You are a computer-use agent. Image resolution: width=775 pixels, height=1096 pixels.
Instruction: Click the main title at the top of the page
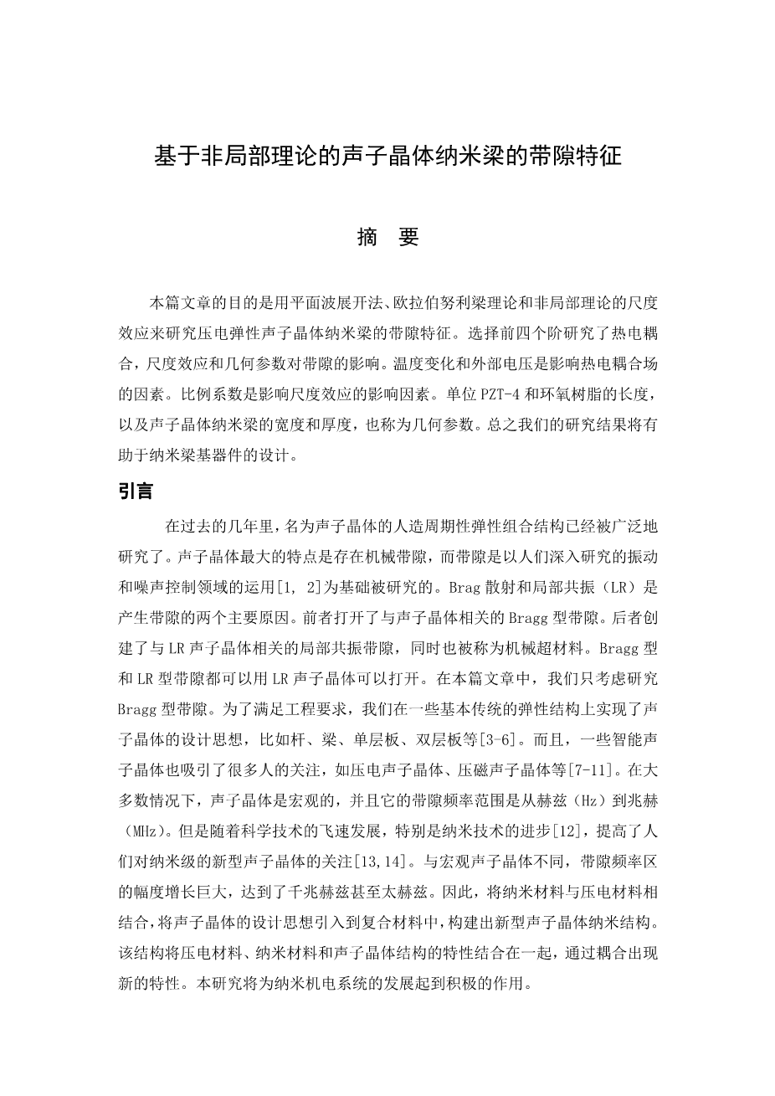387,157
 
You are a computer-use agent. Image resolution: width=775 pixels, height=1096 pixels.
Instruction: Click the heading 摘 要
387,237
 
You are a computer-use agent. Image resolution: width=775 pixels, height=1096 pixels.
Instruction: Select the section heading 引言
136,491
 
